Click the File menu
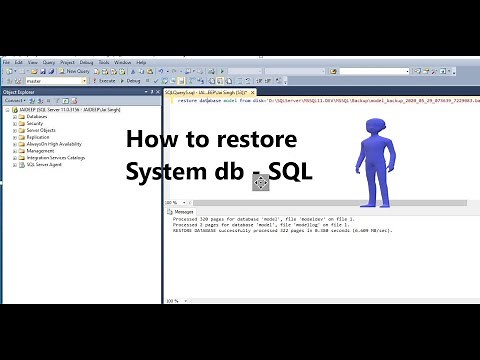click(6, 62)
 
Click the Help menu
click(142, 62)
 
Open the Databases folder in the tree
click(36, 116)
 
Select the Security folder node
click(34, 123)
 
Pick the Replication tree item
click(37, 136)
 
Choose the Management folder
click(40, 150)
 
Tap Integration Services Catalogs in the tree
click(56, 157)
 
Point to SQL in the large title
click(290, 172)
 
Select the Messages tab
click(183, 212)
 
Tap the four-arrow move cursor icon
click(260, 182)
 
